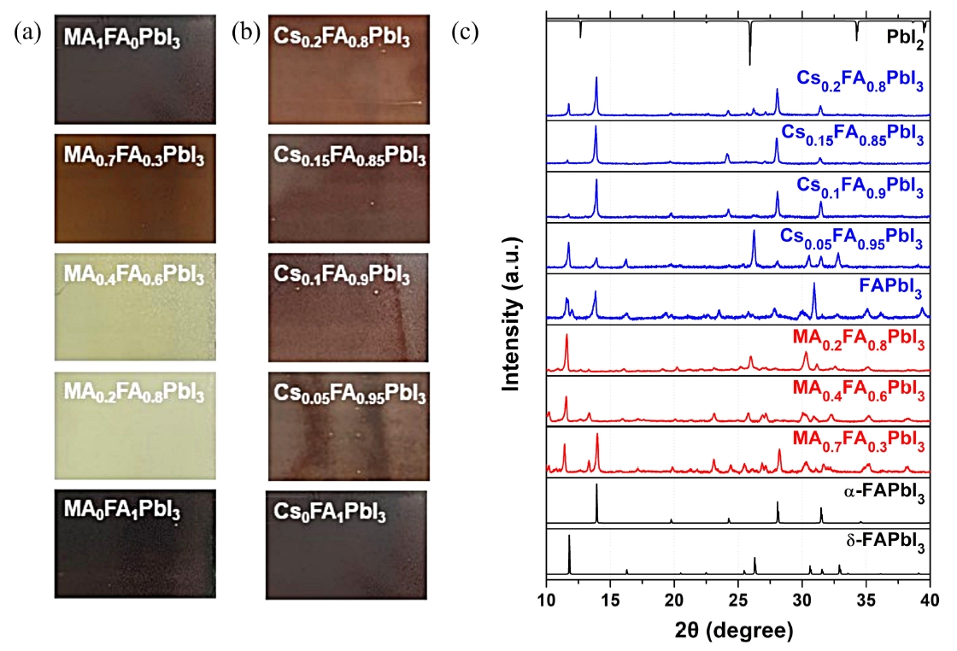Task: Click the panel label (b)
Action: tap(247, 33)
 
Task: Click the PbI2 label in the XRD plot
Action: tap(904, 40)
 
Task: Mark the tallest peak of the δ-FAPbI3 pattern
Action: tap(569, 537)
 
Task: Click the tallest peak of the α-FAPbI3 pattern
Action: tap(596, 485)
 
